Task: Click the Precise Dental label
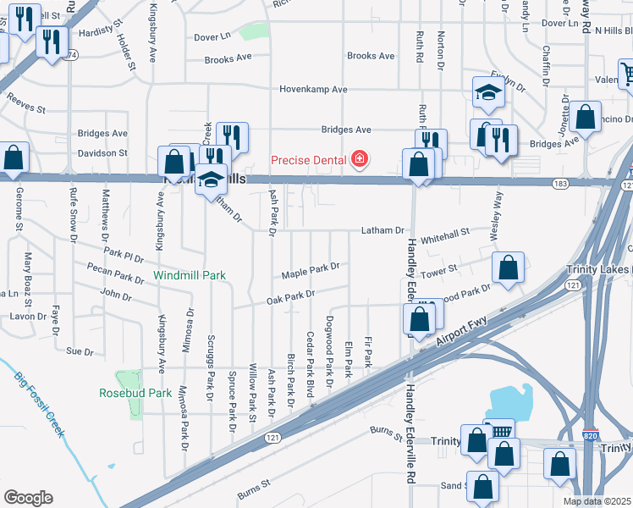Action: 308,160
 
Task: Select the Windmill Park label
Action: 190,275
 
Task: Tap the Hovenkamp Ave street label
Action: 315,89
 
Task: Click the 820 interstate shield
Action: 592,433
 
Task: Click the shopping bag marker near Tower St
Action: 507,268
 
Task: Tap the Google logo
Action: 29,498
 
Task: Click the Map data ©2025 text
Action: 597,501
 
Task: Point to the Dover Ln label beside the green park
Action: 212,37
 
